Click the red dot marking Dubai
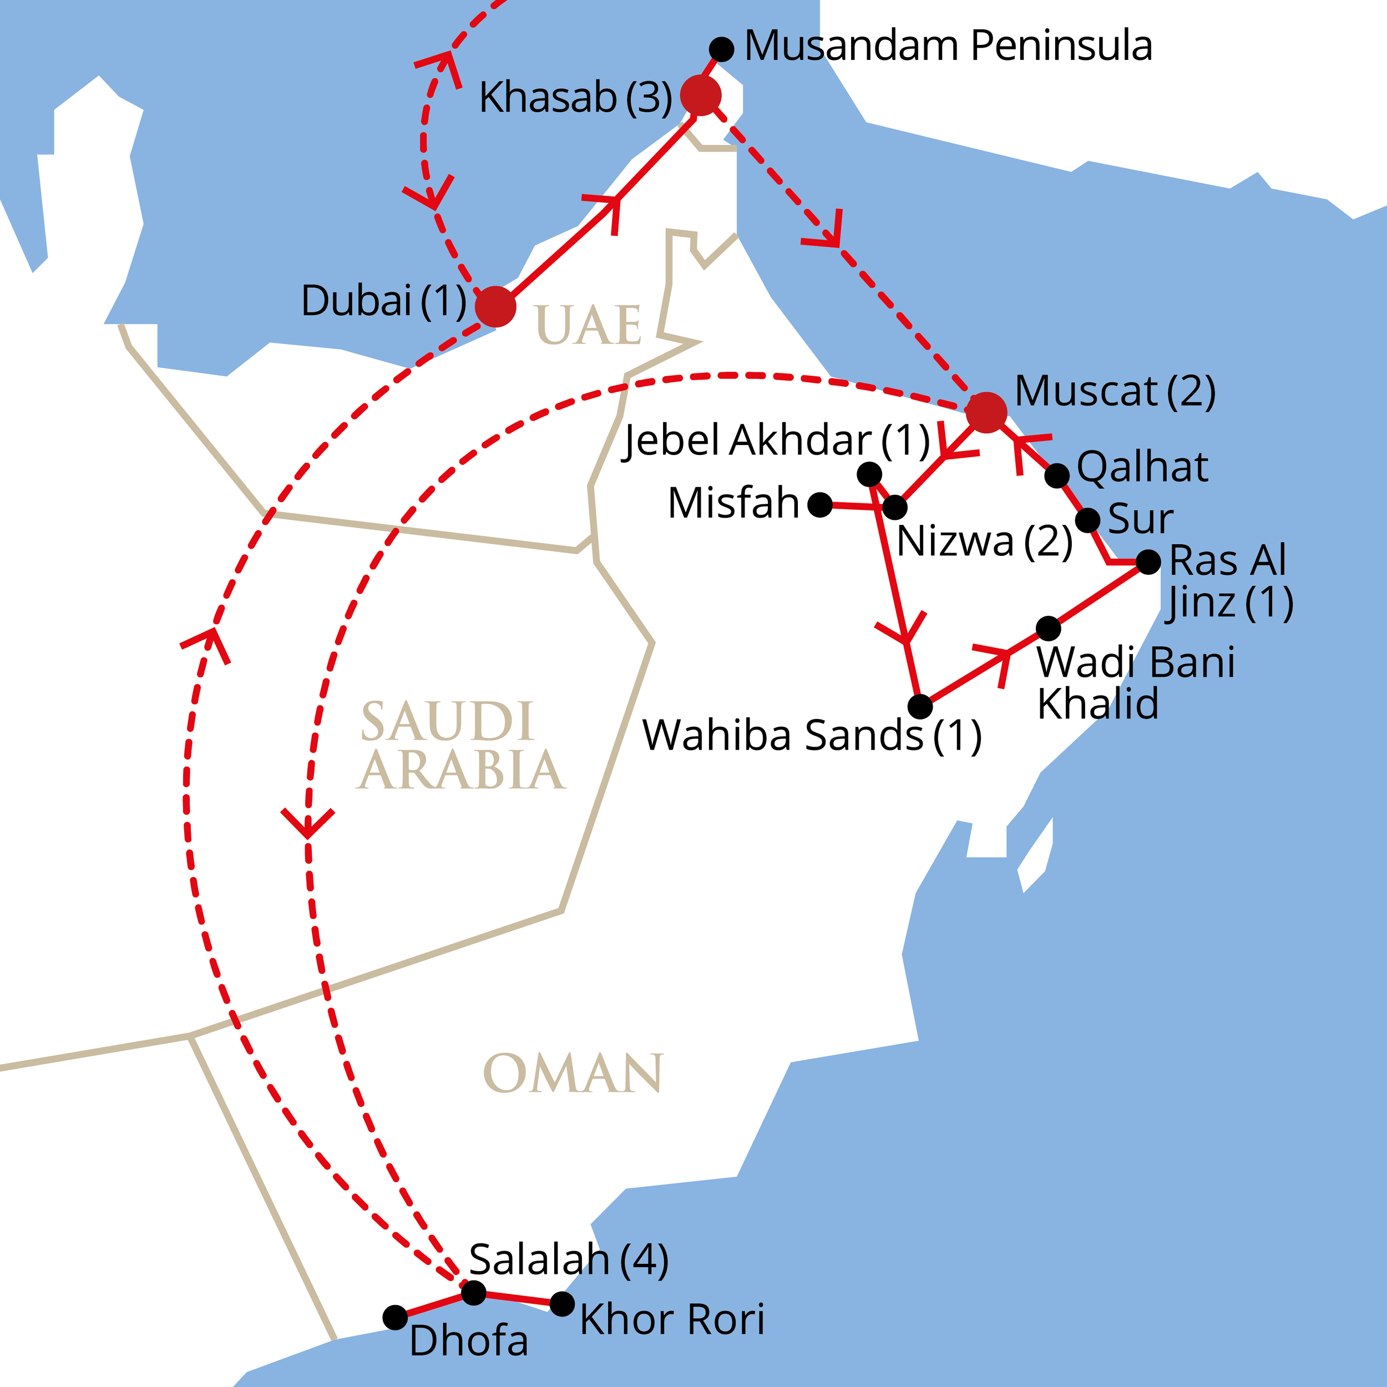click(496, 307)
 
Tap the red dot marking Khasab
click(701, 95)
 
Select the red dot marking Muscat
click(986, 413)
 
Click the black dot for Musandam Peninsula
click(721, 49)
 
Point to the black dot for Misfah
click(820, 505)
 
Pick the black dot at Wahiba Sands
click(920, 706)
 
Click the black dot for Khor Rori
click(562, 1304)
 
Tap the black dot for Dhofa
click(395, 1317)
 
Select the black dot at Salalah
click(474, 1293)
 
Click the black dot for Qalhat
click(1057, 475)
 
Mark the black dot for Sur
click(1087, 520)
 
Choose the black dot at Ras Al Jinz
click(1148, 562)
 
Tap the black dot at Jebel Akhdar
click(869, 474)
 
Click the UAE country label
click(588, 326)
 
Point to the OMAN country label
click(573, 1075)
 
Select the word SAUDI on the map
click(447, 721)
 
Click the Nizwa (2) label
click(984, 540)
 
